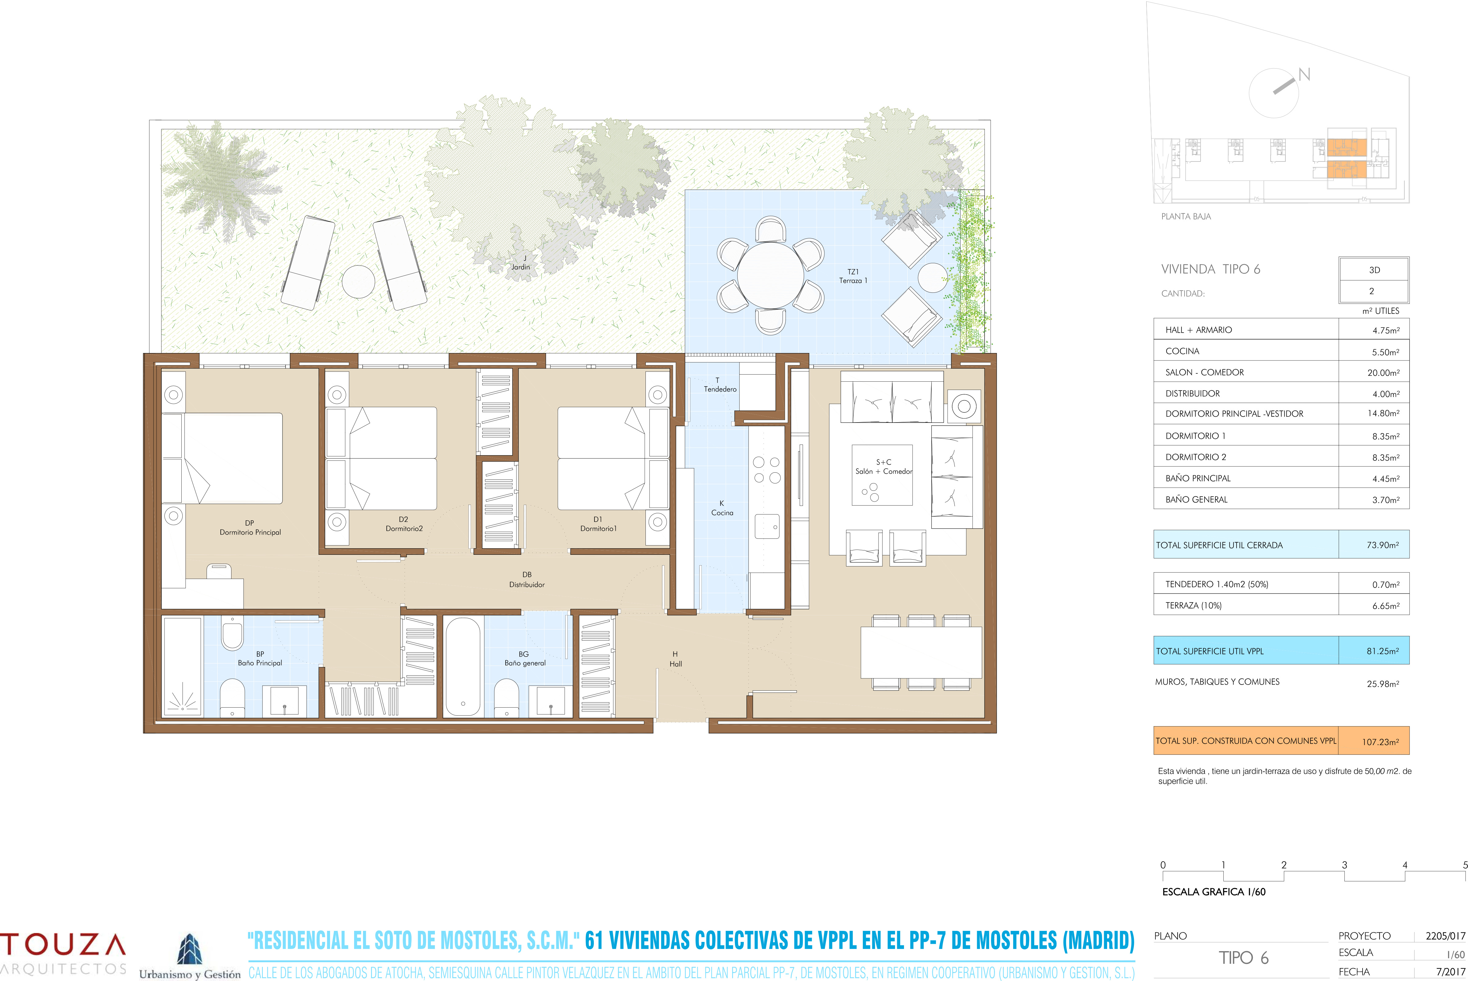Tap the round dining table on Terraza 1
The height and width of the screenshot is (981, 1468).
(770, 275)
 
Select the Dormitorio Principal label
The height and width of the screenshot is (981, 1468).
(250, 532)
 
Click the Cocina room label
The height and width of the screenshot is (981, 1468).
(722, 512)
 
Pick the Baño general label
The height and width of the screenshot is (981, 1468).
(525, 663)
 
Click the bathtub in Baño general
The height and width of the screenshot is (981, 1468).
(463, 667)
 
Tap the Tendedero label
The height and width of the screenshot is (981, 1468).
(720, 389)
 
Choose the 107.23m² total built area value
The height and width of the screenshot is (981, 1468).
(1380, 742)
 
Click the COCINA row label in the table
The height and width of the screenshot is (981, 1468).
(1182, 351)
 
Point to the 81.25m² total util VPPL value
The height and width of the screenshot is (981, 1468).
(1382, 651)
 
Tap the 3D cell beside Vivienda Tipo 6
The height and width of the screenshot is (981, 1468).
(1374, 270)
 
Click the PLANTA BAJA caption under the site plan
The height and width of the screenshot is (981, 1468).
(1186, 216)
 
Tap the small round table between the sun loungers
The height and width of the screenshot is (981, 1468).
(359, 282)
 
